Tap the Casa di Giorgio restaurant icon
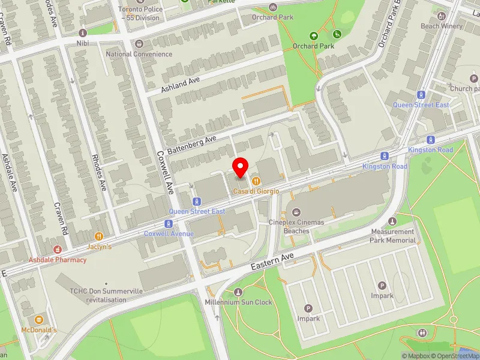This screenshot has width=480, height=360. point(256,181)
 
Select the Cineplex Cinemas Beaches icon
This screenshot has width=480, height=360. point(296,212)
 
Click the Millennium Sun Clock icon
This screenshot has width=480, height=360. point(238,292)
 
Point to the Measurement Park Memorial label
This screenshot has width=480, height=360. point(393,236)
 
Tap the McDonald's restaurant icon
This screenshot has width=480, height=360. point(39,320)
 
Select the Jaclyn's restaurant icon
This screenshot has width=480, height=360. point(98,236)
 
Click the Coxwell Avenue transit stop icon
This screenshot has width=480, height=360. point(169,223)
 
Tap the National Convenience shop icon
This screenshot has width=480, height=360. point(139,44)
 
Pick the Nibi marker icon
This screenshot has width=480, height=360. point(83,32)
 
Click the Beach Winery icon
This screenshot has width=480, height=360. point(442,16)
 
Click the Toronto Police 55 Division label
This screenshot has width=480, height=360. point(139,14)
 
